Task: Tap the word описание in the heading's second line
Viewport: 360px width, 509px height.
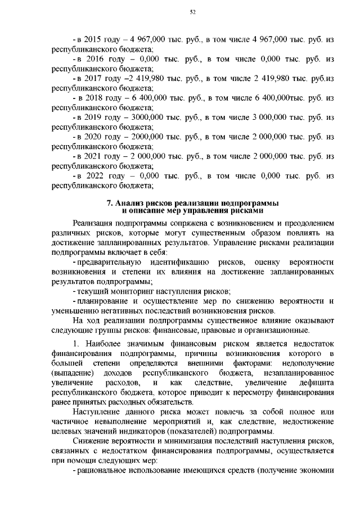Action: click(x=147, y=210)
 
